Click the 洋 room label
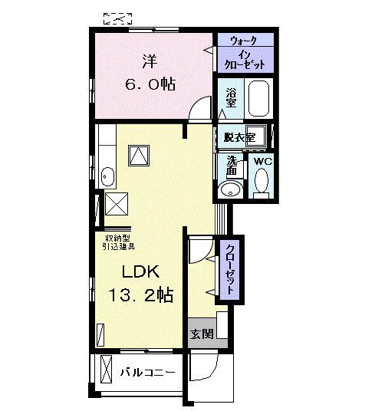pyautogui.click(x=150, y=61)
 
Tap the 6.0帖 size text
pyautogui.click(x=150, y=84)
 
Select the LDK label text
pyautogui.click(x=140, y=271)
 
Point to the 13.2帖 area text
pyautogui.click(x=140, y=295)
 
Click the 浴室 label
pyautogui.click(x=231, y=97)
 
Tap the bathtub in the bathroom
pyautogui.click(x=258, y=98)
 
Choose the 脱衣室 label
pyautogui.click(x=239, y=137)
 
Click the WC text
pyautogui.click(x=263, y=162)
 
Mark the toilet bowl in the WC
pyautogui.click(x=262, y=180)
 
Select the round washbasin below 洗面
pyautogui.click(x=230, y=189)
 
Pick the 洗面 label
pyautogui.click(x=232, y=166)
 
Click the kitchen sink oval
pyautogui.click(x=107, y=176)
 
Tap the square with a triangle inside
pyautogui.click(x=139, y=156)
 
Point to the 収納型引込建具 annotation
pyautogui.click(x=118, y=242)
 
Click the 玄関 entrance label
pyautogui.click(x=202, y=334)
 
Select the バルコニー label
pyautogui.click(x=147, y=373)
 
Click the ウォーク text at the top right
pyautogui.click(x=243, y=41)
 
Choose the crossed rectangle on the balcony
pyautogui.click(x=107, y=369)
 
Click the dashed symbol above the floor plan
pyautogui.click(x=117, y=19)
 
